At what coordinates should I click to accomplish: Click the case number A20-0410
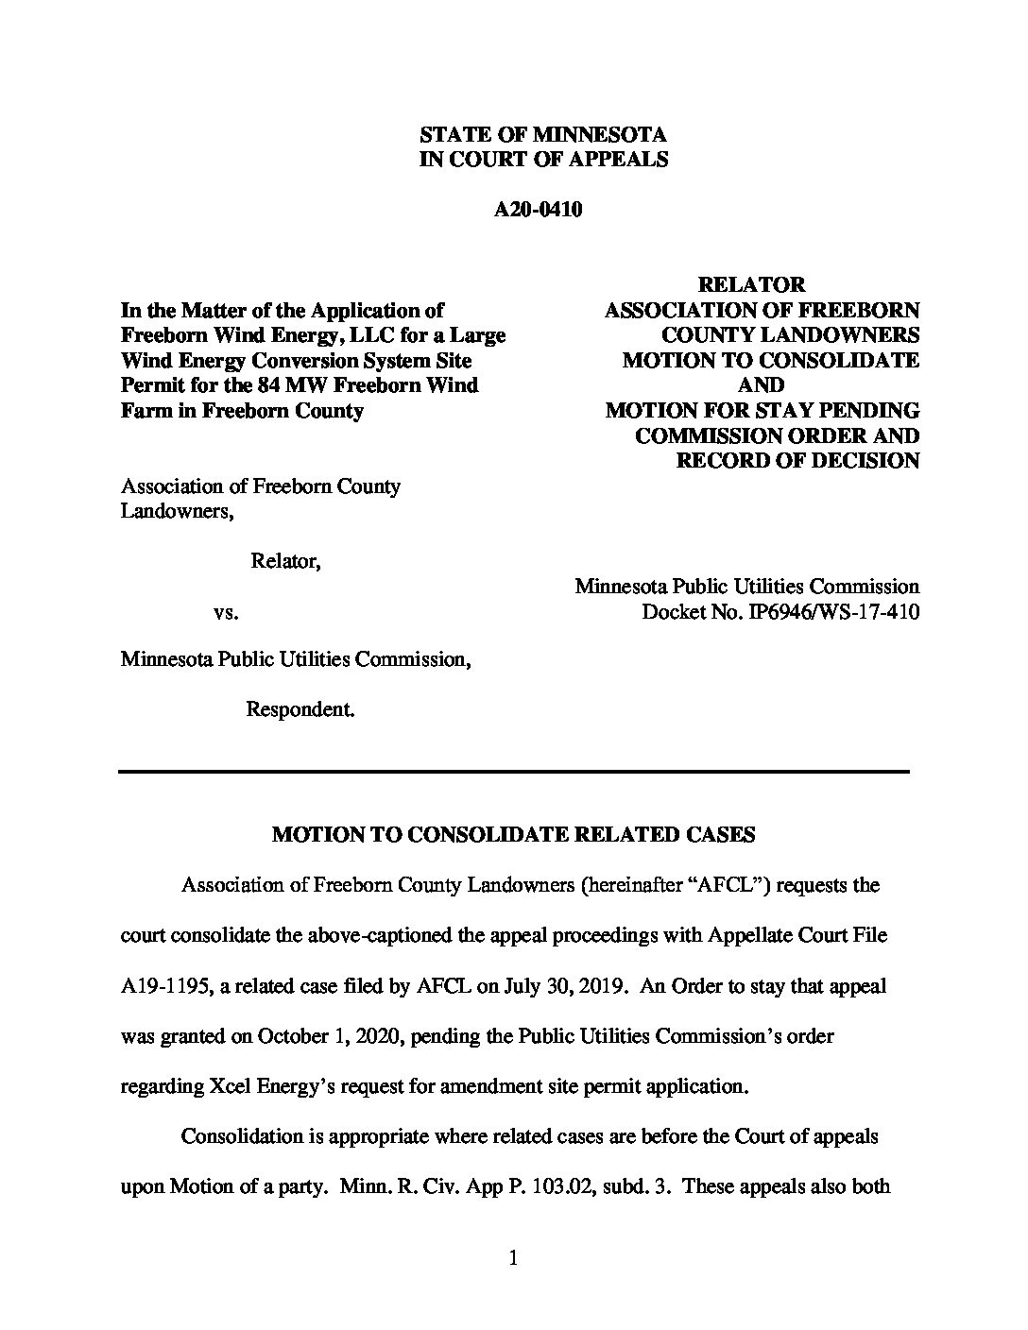pos(538,210)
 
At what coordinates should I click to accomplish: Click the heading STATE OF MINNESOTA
pos(542,135)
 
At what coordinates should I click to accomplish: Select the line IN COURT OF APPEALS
pos(542,160)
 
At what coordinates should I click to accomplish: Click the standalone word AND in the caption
pos(761,385)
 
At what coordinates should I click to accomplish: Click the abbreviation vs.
pos(227,612)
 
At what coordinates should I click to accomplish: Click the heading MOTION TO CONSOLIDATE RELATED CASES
pos(513,835)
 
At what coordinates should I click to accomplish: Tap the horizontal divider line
pos(513,772)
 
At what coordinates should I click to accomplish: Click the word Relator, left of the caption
pos(285,562)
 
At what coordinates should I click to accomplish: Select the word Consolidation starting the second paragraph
pos(241,1136)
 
